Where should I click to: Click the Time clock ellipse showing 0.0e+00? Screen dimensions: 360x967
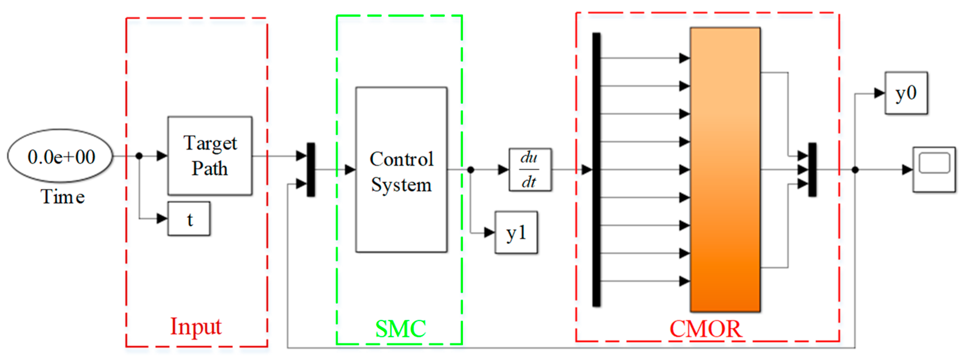click(60, 156)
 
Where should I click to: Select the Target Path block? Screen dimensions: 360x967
click(210, 156)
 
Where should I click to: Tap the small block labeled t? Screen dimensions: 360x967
click(189, 219)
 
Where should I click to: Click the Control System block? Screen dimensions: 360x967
click(401, 170)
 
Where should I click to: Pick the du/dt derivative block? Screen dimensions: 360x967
click(530, 170)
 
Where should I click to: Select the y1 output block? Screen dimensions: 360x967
click(516, 233)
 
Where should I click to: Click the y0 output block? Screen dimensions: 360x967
click(906, 93)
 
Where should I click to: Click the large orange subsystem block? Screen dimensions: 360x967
click(725, 170)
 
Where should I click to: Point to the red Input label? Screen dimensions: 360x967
click(196, 326)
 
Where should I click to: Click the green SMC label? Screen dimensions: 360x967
click(400, 329)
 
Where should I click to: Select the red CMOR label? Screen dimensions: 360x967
click(705, 329)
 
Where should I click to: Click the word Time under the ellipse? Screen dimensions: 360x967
click(62, 197)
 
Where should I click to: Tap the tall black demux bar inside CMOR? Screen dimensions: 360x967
click(596, 170)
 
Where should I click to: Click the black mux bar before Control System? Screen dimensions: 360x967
click(311, 170)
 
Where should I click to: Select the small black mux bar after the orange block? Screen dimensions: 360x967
click(812, 170)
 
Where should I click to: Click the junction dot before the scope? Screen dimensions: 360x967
click(855, 170)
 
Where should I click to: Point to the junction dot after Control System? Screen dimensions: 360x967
click(470, 170)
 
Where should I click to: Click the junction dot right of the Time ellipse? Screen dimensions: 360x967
click(139, 156)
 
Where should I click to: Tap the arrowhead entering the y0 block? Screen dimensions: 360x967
click(879, 93)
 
